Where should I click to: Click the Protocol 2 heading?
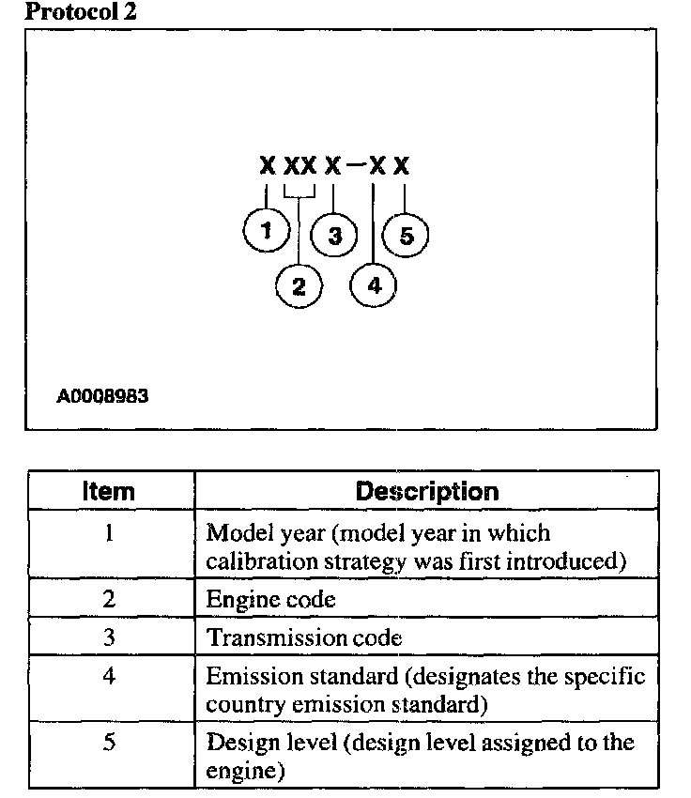click(80, 12)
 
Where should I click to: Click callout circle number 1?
click(269, 229)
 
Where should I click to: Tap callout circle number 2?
click(299, 285)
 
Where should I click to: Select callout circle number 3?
click(334, 235)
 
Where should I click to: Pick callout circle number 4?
click(374, 285)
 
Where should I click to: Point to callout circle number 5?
click(406, 235)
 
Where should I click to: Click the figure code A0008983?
click(103, 396)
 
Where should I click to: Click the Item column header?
click(109, 491)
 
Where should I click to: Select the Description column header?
click(427, 491)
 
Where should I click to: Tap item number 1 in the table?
click(109, 533)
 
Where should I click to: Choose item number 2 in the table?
click(109, 598)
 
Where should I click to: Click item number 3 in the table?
click(109, 637)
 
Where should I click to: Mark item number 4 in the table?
click(109, 676)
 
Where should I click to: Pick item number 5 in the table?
click(109, 743)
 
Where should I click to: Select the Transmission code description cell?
click(304, 637)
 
